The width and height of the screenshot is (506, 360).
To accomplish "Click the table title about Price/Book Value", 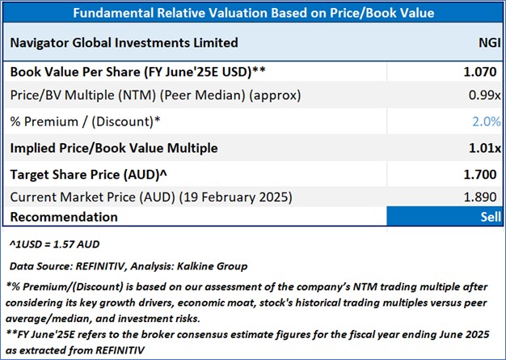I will (x=252, y=13).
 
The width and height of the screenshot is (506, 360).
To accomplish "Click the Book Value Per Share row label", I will (x=137, y=71).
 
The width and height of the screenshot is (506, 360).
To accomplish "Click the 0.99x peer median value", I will (x=486, y=95).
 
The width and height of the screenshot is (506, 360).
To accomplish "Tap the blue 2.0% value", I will (x=487, y=122).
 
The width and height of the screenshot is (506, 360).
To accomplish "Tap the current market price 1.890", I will (x=484, y=197).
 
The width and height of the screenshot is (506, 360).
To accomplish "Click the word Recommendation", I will (x=64, y=217).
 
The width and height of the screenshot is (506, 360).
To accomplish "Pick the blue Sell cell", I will (x=444, y=217).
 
